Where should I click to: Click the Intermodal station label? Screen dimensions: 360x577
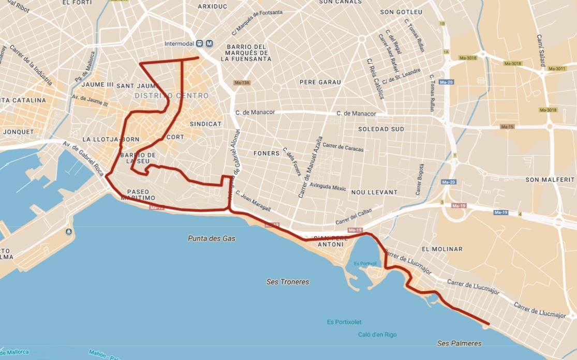click(x=180, y=43)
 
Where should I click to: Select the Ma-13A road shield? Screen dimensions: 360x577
click(x=242, y=83)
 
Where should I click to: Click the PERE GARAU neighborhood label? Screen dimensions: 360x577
click(x=320, y=82)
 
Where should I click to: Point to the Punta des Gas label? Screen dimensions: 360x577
click(x=211, y=238)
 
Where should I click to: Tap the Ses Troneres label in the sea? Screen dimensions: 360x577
click(x=288, y=282)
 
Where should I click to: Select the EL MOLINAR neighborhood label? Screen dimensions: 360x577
click(x=442, y=249)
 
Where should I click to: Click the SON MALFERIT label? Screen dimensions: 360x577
click(x=550, y=179)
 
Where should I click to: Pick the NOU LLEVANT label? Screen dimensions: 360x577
click(x=374, y=192)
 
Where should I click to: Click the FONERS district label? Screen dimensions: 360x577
click(x=267, y=154)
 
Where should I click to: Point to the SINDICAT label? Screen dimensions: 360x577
click(x=205, y=124)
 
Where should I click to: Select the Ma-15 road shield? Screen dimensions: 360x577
click(x=507, y=127)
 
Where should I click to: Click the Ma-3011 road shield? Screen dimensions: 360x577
click(x=557, y=69)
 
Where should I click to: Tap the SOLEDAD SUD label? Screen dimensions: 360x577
click(x=381, y=129)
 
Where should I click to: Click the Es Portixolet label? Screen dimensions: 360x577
click(x=344, y=322)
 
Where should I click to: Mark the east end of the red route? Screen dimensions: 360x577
click(x=488, y=325)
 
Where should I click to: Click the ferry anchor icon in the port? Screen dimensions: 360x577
click(x=69, y=232)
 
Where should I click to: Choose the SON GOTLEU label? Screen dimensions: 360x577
click(x=401, y=12)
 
